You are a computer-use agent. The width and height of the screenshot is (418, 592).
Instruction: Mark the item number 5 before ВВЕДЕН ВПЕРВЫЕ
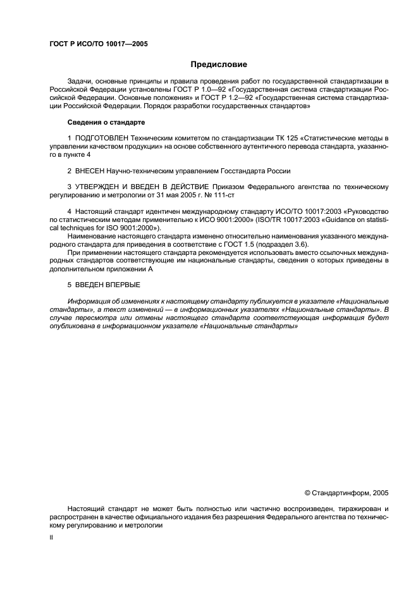point(69,285)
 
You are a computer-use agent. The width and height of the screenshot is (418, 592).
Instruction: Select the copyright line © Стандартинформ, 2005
point(347,491)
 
